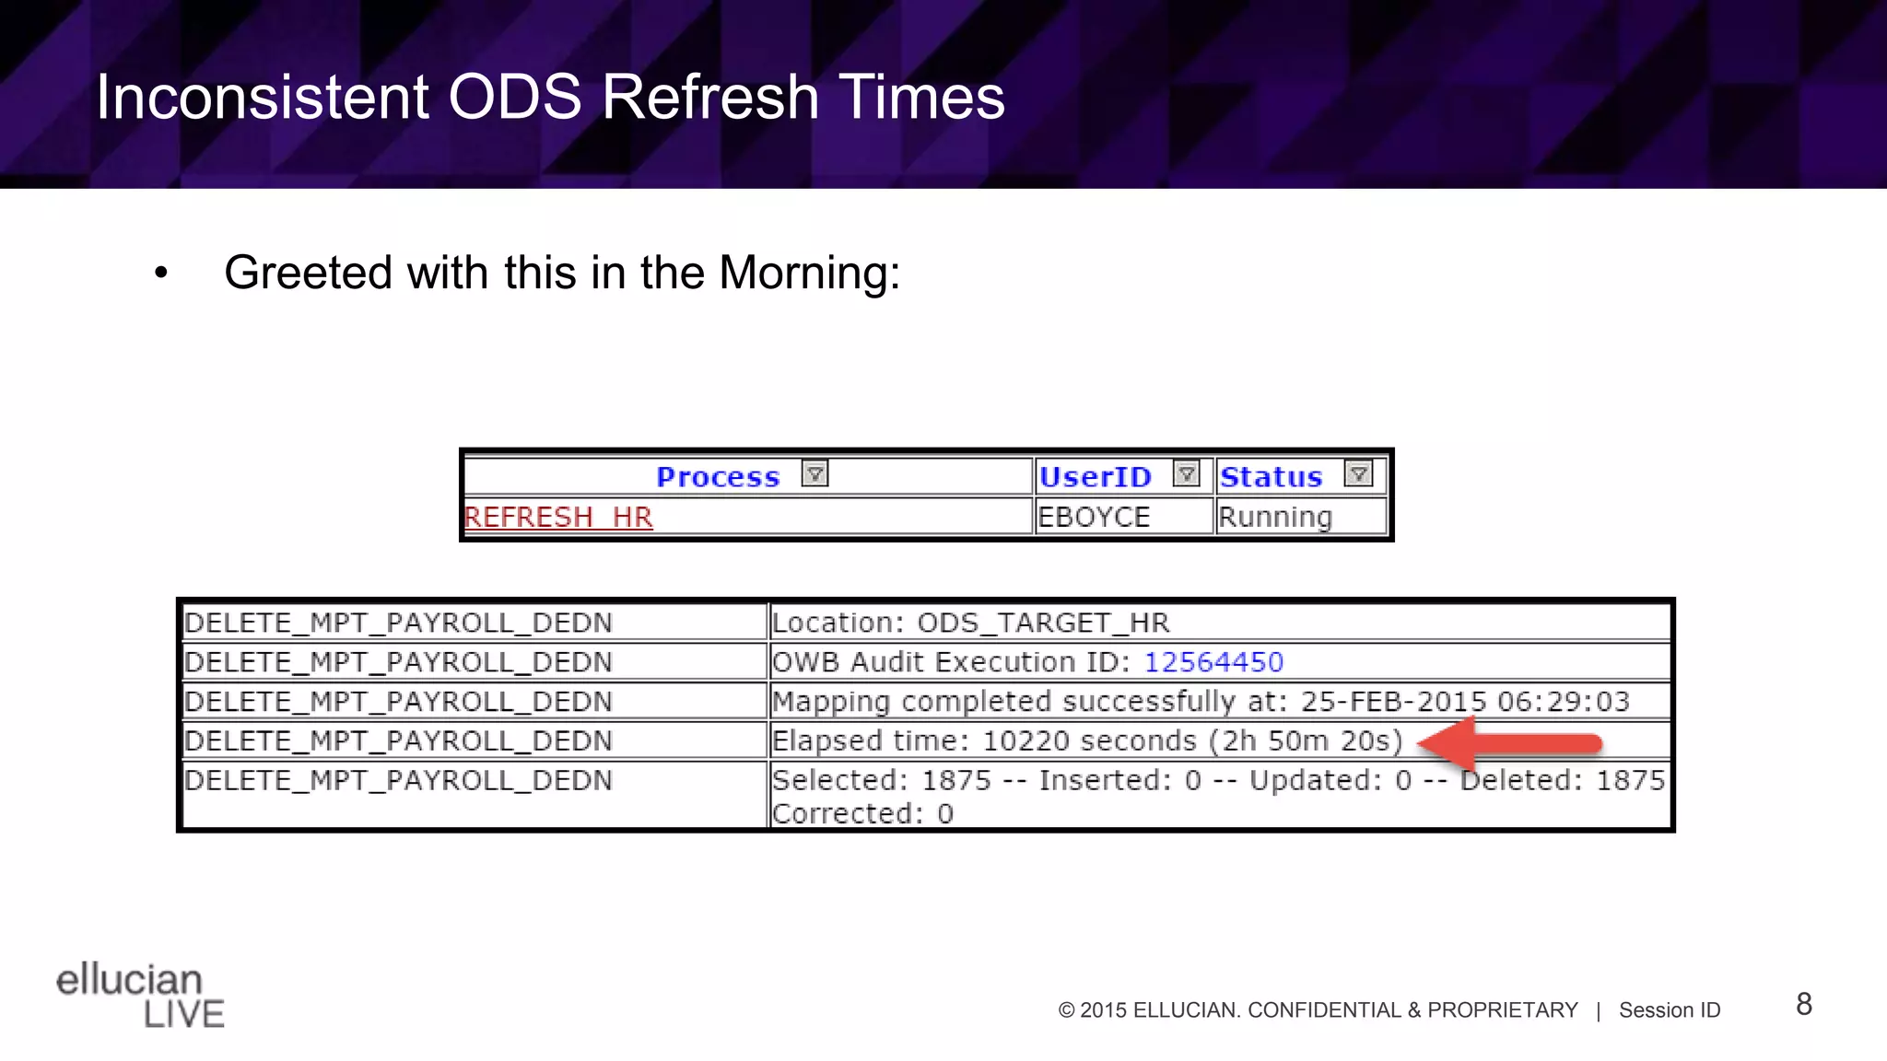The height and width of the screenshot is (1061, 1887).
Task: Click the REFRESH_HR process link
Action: [558, 517]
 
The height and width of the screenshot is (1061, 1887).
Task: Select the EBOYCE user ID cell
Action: [1094, 517]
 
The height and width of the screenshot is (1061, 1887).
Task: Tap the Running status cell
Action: [1275, 517]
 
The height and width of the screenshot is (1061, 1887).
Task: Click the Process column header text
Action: [718, 477]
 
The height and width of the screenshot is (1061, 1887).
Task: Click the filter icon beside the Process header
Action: [815, 474]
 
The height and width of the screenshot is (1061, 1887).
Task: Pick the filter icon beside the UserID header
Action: [1186, 474]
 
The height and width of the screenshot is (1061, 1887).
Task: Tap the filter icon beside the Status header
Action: [1358, 474]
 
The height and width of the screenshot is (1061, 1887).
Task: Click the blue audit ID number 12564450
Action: [1213, 662]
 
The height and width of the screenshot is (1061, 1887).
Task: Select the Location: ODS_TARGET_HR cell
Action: [970, 623]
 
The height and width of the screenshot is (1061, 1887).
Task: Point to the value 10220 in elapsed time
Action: [1026, 741]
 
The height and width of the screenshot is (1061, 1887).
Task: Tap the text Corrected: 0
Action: [862, 814]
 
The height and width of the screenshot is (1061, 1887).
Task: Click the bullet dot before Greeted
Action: [161, 274]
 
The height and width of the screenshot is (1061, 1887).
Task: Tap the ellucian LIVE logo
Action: [140, 995]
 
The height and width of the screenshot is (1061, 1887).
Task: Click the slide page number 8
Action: [1804, 1004]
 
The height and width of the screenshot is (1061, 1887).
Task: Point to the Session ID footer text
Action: [1670, 1010]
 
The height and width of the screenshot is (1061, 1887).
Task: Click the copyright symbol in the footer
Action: [1067, 1010]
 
